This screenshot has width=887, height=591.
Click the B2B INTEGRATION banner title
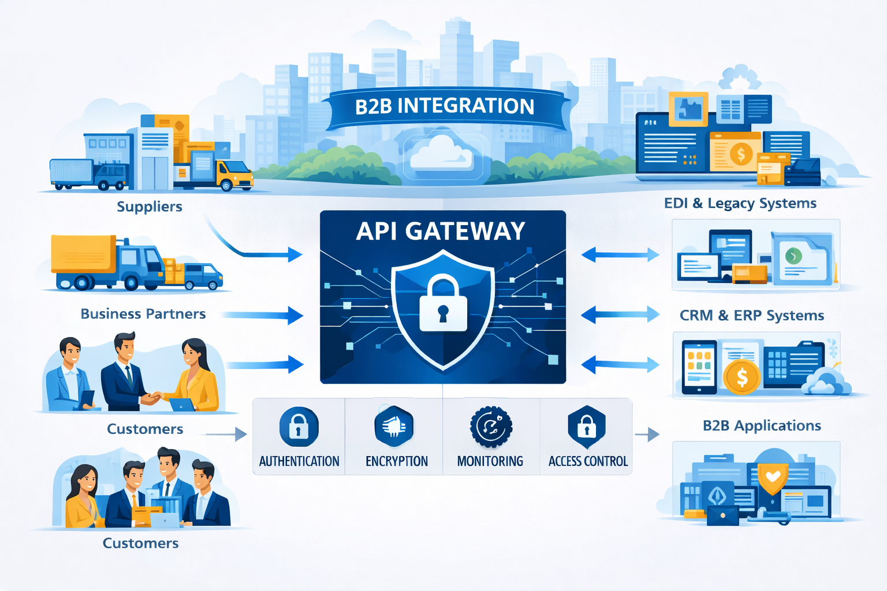tap(445, 106)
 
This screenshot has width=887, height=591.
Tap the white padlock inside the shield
tap(443, 305)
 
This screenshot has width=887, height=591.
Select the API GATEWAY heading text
tap(441, 231)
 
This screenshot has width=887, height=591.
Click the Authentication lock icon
tap(299, 427)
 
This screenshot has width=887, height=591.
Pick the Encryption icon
tap(394, 427)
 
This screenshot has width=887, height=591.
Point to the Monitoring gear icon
tap(491, 427)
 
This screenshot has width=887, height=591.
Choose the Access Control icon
tap(587, 427)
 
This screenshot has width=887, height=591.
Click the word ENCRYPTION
tap(397, 461)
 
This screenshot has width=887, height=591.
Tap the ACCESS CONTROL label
tap(588, 461)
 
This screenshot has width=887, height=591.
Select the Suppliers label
tap(150, 207)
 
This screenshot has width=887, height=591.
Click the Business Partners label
tap(143, 314)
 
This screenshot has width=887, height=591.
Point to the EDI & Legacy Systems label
tap(740, 203)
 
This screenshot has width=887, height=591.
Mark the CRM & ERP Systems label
tap(752, 316)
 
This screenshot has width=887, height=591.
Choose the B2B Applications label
tap(762, 426)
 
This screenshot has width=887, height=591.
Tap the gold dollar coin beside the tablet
tap(741, 377)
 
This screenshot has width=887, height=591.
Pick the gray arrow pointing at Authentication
tap(226, 434)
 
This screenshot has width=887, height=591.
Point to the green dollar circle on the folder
tap(793, 255)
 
